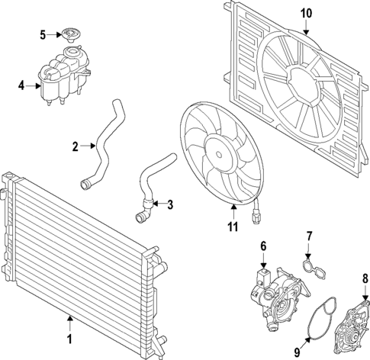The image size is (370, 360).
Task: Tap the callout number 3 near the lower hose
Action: click(170, 204)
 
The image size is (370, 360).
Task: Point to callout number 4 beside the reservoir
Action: click(22, 85)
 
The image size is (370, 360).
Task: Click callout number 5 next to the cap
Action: click(43, 34)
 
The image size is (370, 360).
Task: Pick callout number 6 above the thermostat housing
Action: click(263, 246)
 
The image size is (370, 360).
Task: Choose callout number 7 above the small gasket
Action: click(309, 236)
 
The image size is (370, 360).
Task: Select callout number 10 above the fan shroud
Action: click(306, 13)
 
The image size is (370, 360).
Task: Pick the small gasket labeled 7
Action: click(310, 265)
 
